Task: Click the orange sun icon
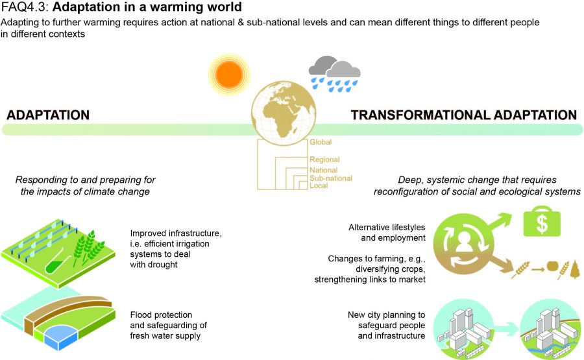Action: pos(228,75)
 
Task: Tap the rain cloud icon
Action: pos(334,74)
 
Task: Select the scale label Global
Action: pos(321,142)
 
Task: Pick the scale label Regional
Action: pos(324,160)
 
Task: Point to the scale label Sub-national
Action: pos(331,178)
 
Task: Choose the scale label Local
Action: pos(319,186)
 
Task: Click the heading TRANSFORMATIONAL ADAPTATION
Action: pos(464,115)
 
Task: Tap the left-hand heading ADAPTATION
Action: pos(48,115)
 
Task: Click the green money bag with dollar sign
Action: pos(542,221)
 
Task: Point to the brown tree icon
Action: pos(575,269)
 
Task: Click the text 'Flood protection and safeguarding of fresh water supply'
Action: pos(168,325)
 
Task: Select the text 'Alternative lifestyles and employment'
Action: pos(387,232)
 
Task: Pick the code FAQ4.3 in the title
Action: pos(25,6)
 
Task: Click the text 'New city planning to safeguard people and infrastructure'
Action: pos(386,325)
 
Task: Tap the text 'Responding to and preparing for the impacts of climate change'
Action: pos(85,186)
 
